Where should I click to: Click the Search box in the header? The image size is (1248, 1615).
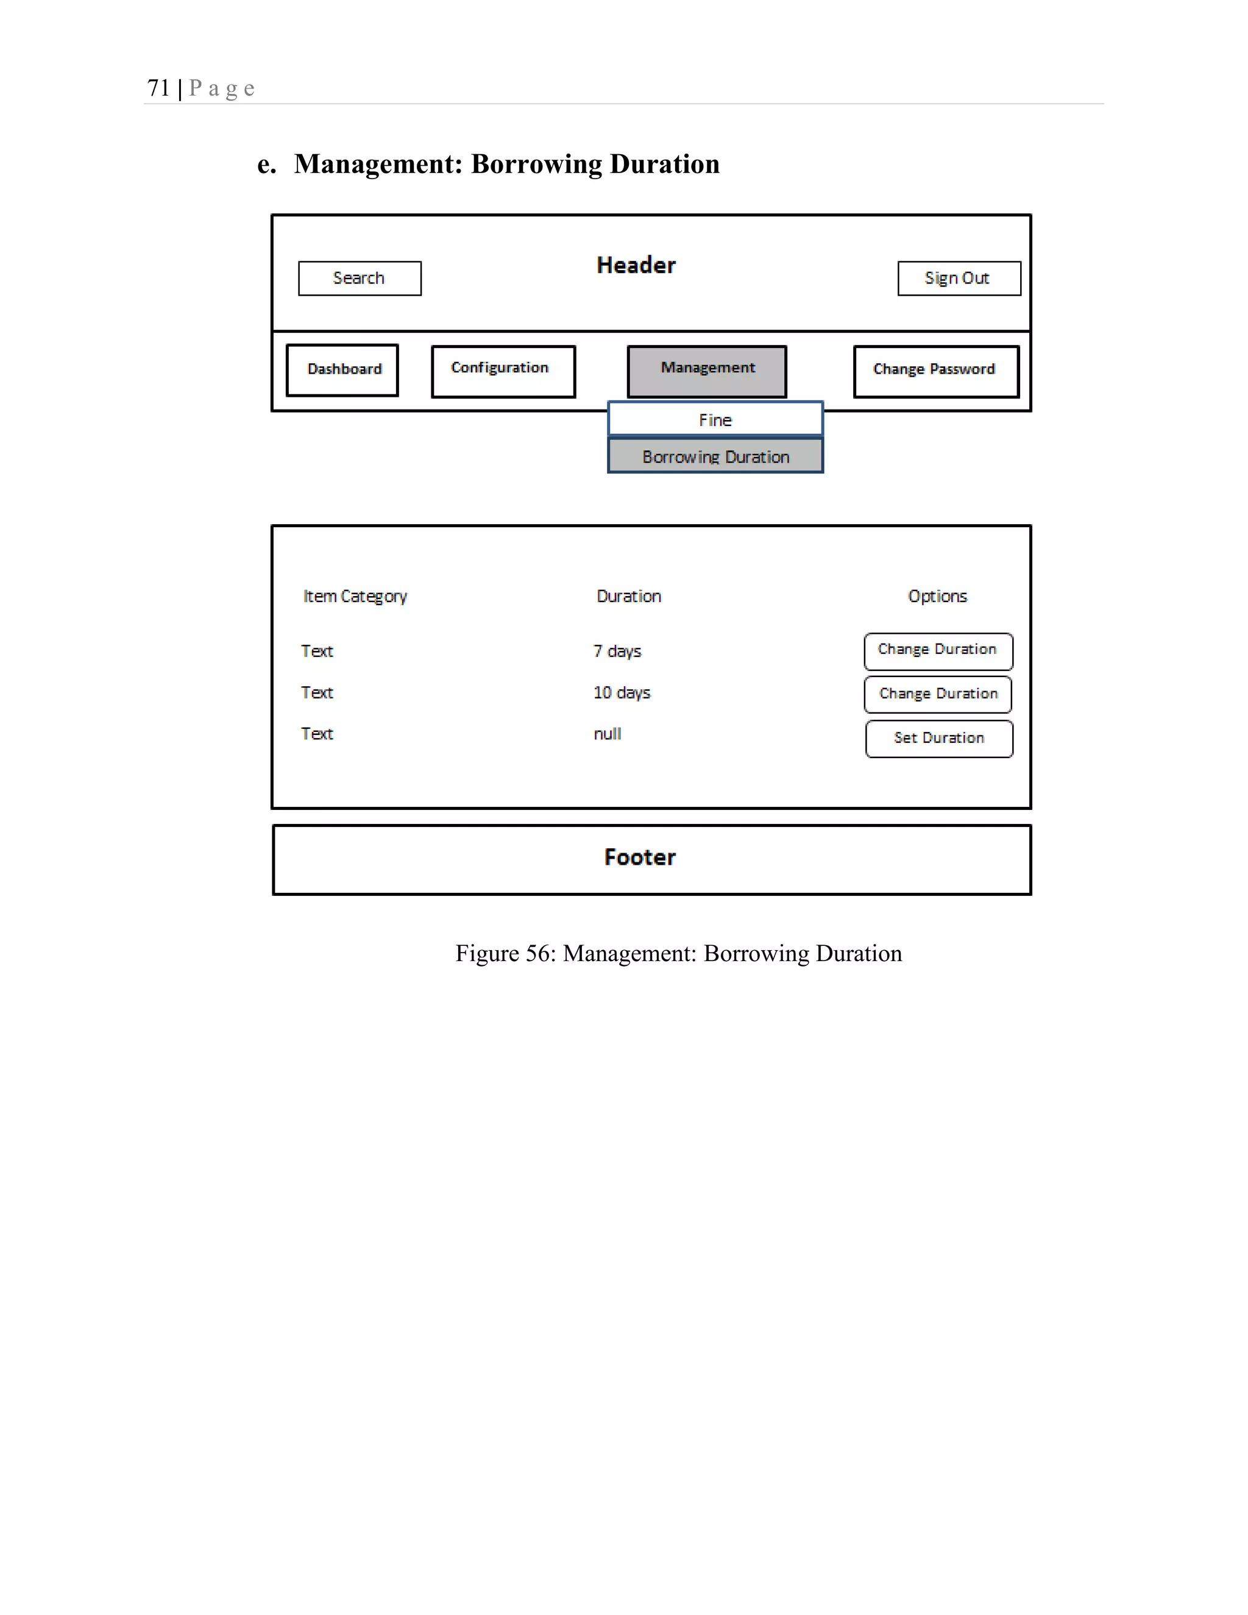pos(360,278)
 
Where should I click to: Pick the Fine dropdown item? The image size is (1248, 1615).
pos(715,419)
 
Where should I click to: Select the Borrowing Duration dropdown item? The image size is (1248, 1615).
pos(715,456)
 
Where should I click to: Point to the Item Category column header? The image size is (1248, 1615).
pos(355,597)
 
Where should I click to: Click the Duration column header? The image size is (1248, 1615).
pos(628,596)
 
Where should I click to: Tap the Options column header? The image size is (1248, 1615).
pos(937,596)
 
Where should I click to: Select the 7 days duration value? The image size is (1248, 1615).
pos(617,651)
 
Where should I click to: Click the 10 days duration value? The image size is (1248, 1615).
pos(621,693)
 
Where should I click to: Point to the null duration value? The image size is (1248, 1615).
pos(607,734)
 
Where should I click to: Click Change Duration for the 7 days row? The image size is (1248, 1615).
pos(937,651)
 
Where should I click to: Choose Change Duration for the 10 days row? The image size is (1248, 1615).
pos(937,694)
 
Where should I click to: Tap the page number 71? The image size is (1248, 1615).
pos(158,88)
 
